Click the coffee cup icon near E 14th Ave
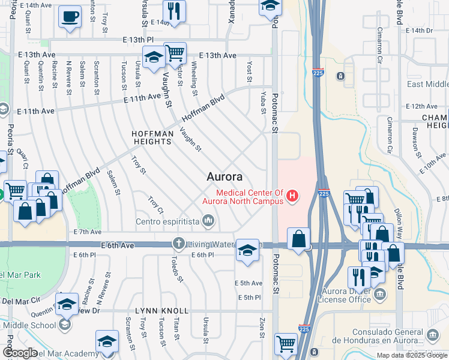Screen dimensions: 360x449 point(70,16)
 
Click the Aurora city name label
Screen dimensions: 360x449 point(224,177)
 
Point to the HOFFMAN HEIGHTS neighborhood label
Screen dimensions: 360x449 point(152,136)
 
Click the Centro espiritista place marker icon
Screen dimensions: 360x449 point(208,222)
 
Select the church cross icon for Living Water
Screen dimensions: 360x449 point(178,244)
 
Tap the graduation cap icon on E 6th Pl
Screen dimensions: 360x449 point(247,250)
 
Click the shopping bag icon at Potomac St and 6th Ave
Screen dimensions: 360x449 point(298,239)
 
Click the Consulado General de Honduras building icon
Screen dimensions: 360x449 point(432,334)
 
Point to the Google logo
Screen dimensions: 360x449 point(20,353)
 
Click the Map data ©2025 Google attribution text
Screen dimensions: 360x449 point(412,355)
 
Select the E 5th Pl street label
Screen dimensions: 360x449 point(250,298)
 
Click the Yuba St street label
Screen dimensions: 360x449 point(263,103)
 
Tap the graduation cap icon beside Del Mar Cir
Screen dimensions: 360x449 point(67,304)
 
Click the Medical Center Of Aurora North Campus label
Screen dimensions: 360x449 point(250,197)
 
